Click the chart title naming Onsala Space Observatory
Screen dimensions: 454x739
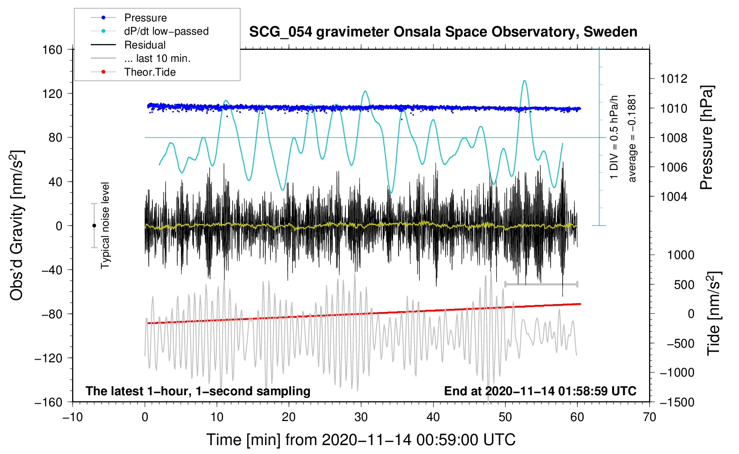click(443, 32)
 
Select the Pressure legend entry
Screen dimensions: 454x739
click(145, 18)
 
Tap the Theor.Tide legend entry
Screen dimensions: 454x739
click(150, 72)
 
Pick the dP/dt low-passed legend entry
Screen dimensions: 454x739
click(166, 31)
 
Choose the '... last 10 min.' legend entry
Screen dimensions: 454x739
click(157, 58)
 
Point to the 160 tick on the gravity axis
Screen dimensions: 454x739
click(53, 49)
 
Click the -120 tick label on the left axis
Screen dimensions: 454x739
click(49, 358)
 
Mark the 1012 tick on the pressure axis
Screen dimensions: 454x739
click(674, 79)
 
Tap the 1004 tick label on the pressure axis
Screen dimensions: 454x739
click(674, 196)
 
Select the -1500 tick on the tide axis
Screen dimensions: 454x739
click(677, 402)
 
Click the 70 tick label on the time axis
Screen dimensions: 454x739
click(650, 417)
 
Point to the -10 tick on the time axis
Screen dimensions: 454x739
click(73, 417)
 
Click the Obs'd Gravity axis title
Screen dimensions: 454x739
click(17, 226)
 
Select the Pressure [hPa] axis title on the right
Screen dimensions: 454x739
click(707, 138)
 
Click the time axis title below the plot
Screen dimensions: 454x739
click(361, 440)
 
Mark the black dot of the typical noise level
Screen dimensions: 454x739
click(94, 226)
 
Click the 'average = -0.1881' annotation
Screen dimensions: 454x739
click(632, 138)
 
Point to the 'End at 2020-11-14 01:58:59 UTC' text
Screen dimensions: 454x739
click(540, 391)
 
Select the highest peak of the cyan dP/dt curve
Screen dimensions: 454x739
click(525, 81)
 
